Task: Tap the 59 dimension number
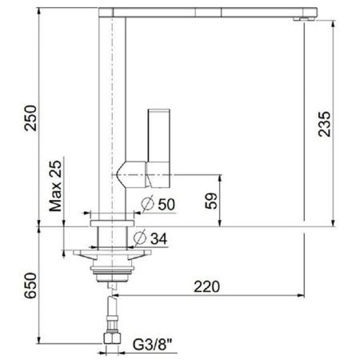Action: click(x=210, y=201)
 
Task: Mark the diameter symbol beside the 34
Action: click(x=140, y=238)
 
